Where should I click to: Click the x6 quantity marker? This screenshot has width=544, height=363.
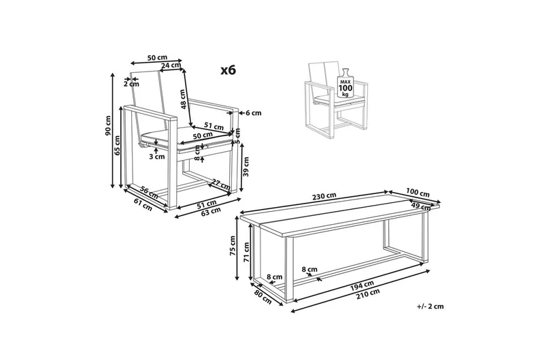pos(228,70)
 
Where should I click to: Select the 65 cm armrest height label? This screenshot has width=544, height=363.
pos(117,146)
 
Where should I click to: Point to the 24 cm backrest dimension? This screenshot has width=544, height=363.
pos(171,65)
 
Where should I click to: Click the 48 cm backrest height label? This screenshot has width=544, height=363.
pos(183,99)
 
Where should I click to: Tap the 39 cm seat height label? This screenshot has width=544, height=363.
pos(246,167)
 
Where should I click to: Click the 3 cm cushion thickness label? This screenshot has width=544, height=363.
pos(157,157)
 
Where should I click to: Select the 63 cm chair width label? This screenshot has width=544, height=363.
pos(211,210)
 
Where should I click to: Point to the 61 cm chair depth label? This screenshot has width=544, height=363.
pos(143,204)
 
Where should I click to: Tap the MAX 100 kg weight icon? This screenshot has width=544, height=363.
pos(345,83)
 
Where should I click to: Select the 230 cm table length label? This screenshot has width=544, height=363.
pos(324,196)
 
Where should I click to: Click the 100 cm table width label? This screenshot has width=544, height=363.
pos(418,193)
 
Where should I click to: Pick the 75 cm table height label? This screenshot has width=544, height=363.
pos(233,246)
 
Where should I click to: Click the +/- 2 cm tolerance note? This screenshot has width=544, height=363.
pos(430,306)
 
